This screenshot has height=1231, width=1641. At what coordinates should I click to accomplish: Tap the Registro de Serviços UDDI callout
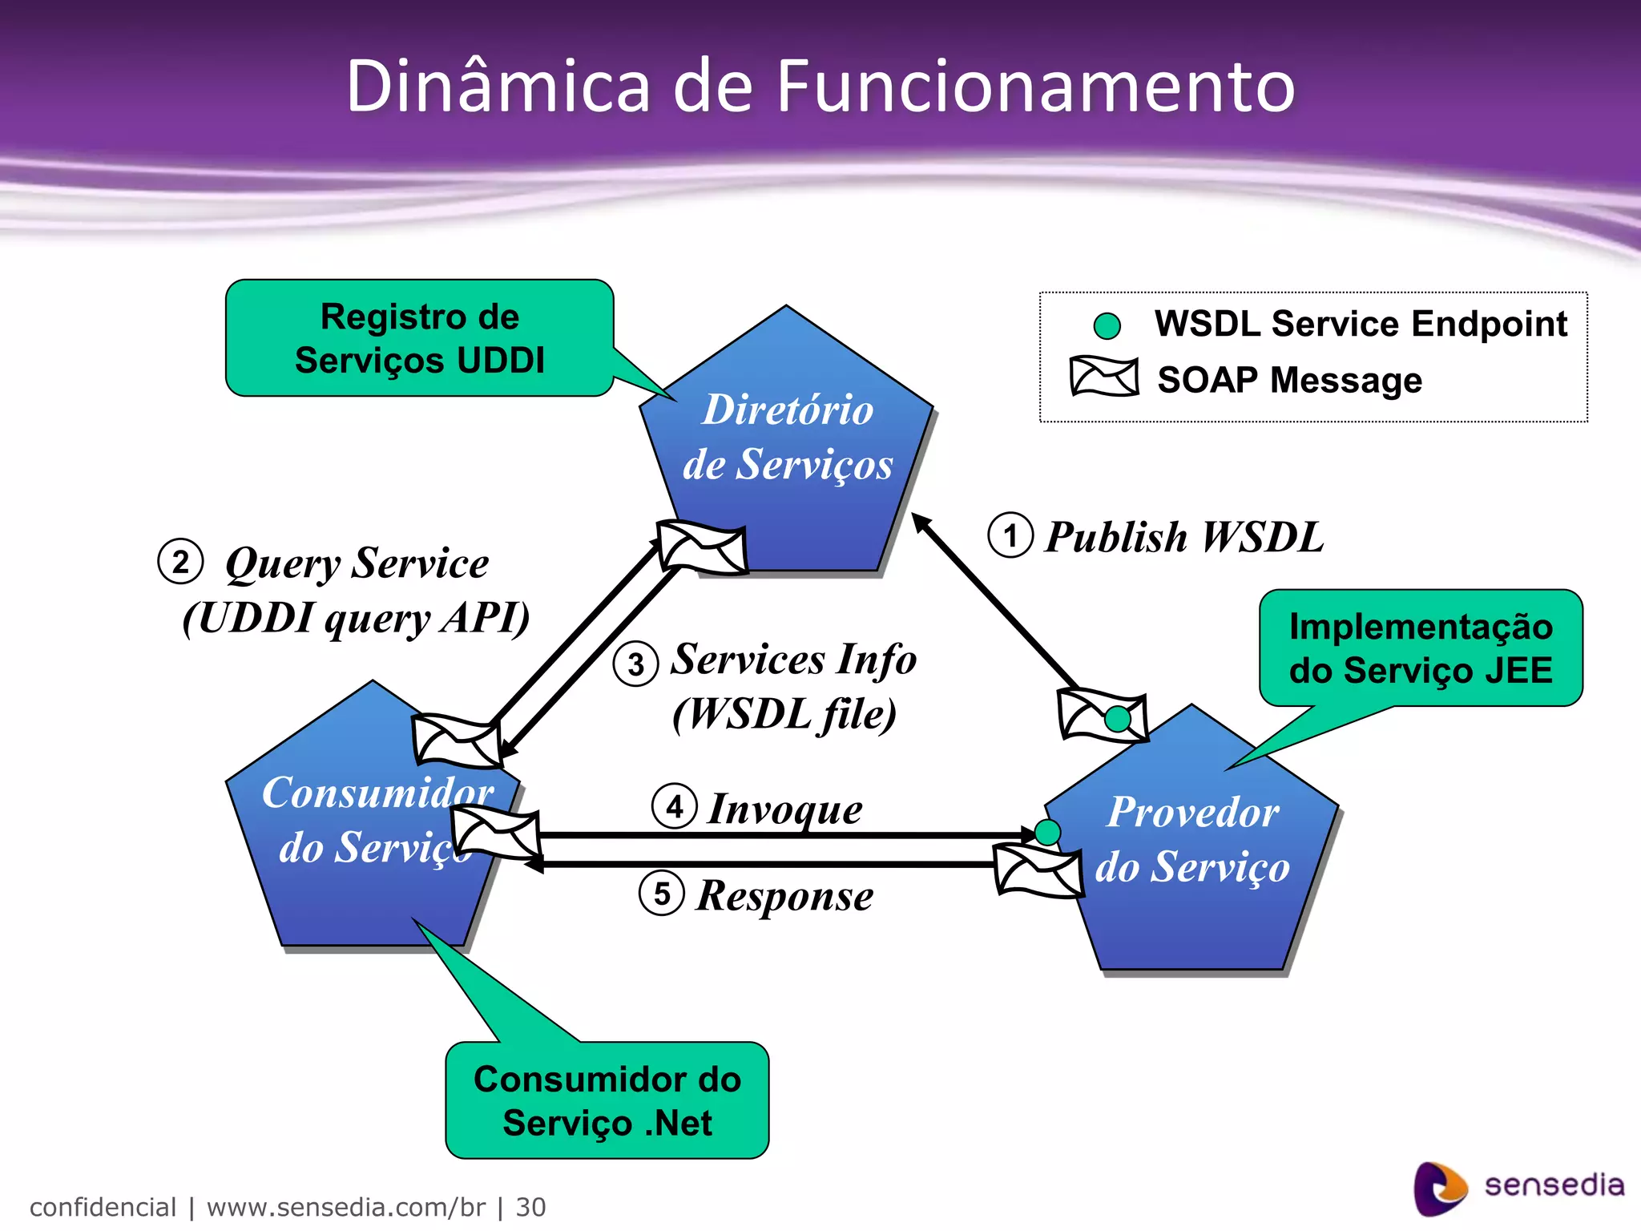click(x=419, y=338)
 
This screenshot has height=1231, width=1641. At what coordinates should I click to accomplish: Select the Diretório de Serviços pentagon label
click(x=788, y=437)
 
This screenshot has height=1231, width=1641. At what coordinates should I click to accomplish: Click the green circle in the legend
click(x=1107, y=326)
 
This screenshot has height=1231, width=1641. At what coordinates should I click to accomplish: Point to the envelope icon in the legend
click(x=1103, y=377)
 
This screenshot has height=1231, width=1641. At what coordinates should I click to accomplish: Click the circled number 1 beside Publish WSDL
click(x=1010, y=535)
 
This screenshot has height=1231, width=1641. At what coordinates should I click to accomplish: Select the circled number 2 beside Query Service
click(x=180, y=562)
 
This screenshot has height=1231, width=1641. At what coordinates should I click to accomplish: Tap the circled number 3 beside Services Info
click(x=635, y=664)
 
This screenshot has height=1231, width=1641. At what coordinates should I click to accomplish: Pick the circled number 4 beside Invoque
click(x=675, y=806)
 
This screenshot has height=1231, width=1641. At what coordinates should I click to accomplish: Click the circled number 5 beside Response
click(x=662, y=894)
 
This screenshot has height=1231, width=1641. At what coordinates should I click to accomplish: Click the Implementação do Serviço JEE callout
click(x=1421, y=648)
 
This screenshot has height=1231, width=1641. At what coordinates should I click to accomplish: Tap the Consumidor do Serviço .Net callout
click(x=607, y=1100)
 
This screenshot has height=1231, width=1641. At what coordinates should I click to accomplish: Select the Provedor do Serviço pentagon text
click(x=1192, y=839)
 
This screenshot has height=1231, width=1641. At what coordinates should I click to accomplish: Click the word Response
click(x=784, y=895)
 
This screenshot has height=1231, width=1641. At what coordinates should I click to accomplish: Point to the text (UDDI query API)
click(x=356, y=618)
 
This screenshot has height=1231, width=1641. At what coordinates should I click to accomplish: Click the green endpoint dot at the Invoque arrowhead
click(x=1047, y=833)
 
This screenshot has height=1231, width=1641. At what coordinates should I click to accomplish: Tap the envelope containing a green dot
click(x=1102, y=715)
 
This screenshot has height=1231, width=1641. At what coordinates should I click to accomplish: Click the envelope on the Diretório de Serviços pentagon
click(x=702, y=548)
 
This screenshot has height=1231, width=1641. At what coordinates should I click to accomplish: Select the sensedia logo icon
click(x=1439, y=1188)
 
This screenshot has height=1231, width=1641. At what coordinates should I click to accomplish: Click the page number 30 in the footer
click(x=530, y=1207)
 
